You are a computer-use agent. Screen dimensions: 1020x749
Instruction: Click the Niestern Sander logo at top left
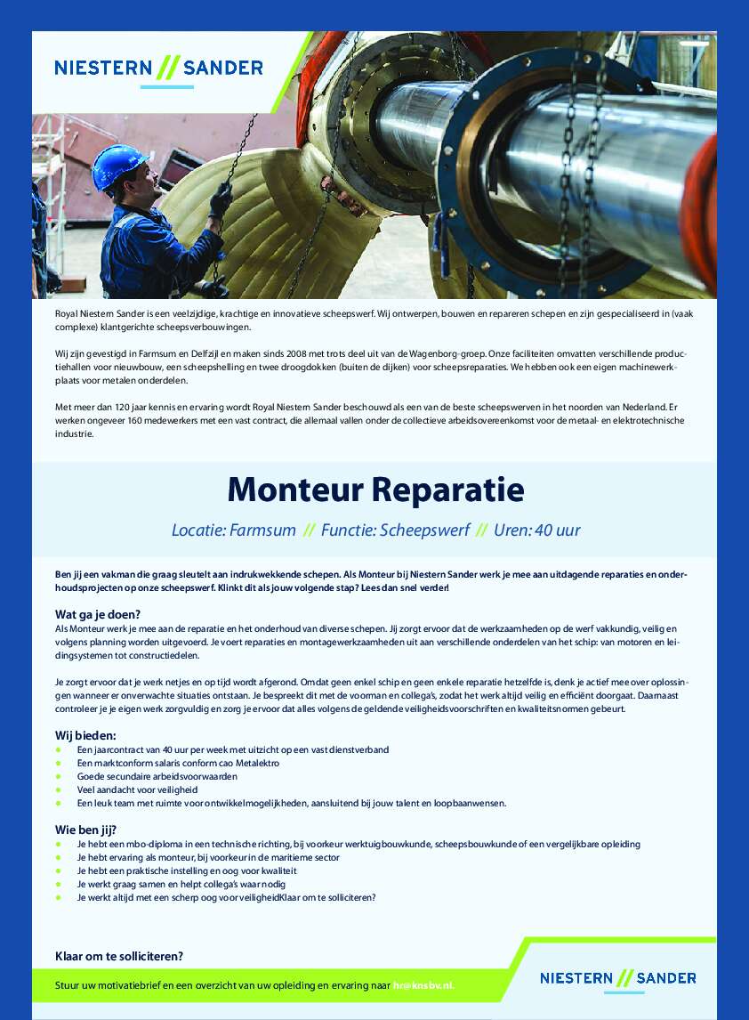[158, 68]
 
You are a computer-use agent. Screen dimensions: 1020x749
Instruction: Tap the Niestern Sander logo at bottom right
[617, 977]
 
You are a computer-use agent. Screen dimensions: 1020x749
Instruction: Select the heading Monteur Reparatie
[374, 489]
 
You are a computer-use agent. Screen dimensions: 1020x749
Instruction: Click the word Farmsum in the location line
[262, 530]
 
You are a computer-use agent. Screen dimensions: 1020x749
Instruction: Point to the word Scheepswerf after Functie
[424, 530]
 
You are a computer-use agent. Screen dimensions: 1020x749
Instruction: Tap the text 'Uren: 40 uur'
[537, 530]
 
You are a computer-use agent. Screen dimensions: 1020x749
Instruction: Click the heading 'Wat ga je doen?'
[98, 614]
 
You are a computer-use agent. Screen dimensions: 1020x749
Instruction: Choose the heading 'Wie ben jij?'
[85, 830]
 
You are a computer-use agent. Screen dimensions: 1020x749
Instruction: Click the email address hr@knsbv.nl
[424, 986]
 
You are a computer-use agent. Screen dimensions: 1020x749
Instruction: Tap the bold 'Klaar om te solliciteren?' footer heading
[119, 957]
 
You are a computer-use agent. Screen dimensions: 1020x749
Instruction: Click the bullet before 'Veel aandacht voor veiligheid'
[59, 789]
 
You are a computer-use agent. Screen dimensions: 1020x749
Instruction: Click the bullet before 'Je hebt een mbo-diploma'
[59, 844]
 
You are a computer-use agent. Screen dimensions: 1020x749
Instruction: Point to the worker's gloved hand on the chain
[220, 198]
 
